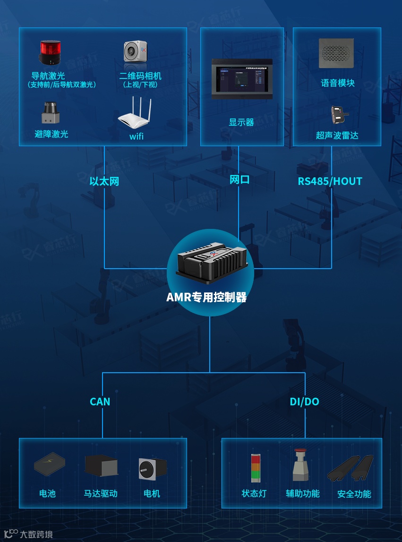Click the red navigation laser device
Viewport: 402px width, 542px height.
[x=50, y=52]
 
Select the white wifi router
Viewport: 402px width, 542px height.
[x=134, y=115]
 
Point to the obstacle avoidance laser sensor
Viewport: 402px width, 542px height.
[x=50, y=113]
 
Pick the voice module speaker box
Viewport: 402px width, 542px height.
[x=336, y=53]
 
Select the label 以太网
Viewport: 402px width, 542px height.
[x=104, y=181]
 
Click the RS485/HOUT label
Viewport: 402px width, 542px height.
[x=330, y=181]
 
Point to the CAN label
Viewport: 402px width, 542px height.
[x=100, y=402]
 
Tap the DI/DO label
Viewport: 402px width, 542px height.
[x=304, y=402]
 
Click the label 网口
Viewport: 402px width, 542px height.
[x=239, y=180]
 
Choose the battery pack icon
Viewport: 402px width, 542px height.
[x=50, y=464]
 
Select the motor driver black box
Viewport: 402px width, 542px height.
[x=101, y=465]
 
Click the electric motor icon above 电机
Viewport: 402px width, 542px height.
[x=152, y=468]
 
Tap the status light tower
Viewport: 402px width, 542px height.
[x=256, y=468]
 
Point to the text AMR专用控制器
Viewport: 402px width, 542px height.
[x=206, y=297]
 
